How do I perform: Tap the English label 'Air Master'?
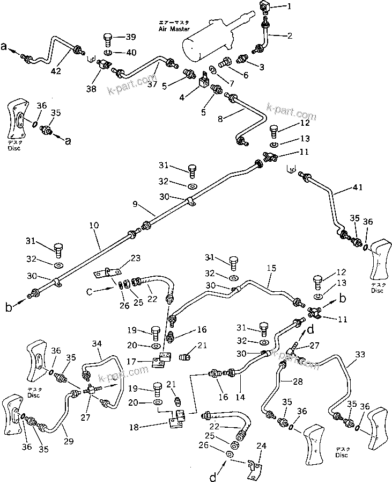click(171, 30)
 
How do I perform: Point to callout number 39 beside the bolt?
click(131, 37)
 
